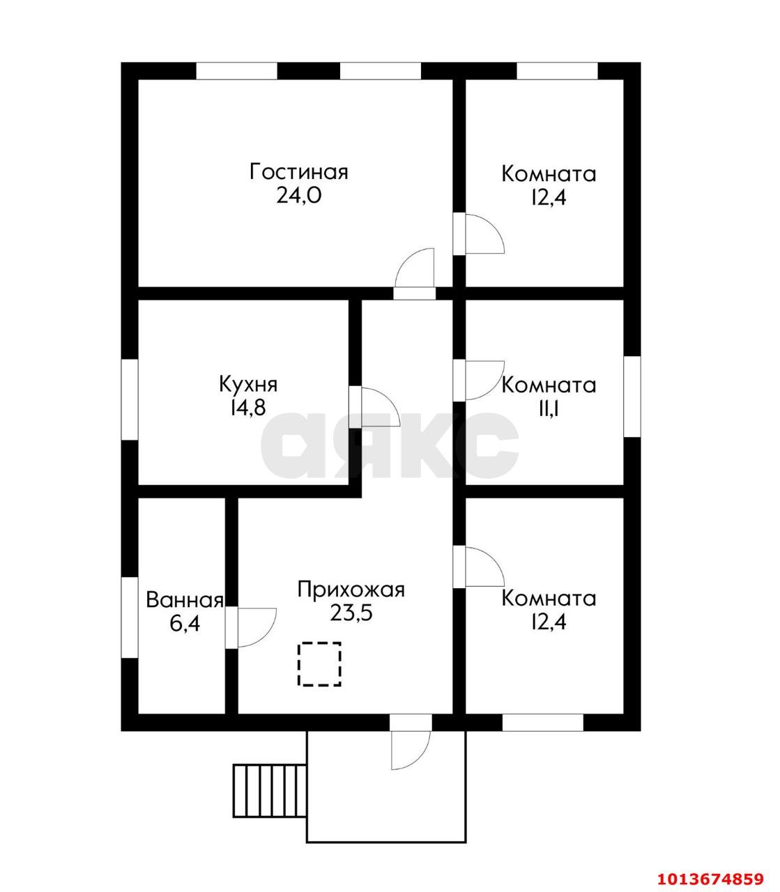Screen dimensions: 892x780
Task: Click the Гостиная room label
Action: coord(298,171)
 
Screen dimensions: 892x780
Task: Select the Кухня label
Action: coord(248,384)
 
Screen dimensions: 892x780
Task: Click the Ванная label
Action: coord(184,600)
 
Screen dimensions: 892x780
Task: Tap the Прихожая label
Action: coord(351,589)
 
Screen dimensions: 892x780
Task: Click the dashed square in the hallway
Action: coord(320,664)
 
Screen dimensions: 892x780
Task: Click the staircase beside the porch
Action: coord(270,790)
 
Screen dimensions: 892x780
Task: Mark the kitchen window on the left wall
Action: coord(130,399)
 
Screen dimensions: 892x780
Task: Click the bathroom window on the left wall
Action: coord(130,616)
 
